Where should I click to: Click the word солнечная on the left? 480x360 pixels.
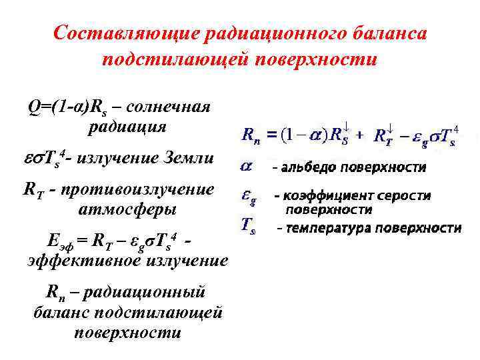[x=168, y=107]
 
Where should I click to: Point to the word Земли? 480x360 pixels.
[x=190, y=158]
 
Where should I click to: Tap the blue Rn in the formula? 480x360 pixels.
[x=251, y=136]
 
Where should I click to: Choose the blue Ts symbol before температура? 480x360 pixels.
[x=247, y=227]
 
